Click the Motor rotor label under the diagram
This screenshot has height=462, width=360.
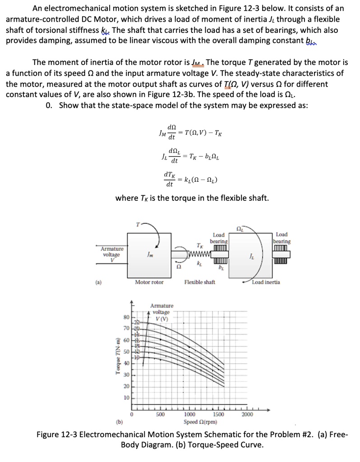[x=149, y=282]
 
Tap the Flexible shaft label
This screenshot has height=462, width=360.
[x=199, y=282]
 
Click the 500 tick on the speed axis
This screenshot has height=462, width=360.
[x=160, y=416]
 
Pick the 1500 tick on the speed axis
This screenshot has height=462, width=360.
[x=218, y=416]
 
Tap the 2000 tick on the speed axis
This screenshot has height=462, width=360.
[x=247, y=416]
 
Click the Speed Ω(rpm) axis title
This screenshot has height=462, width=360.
[x=201, y=422]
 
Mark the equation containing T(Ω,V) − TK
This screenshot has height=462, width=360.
[x=189, y=133]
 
